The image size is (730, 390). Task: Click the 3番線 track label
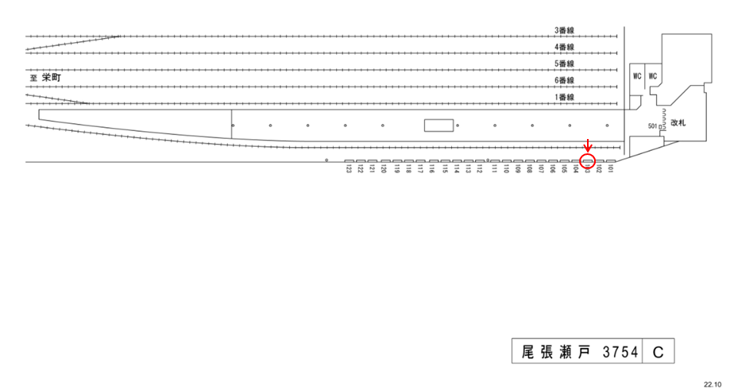tap(564, 30)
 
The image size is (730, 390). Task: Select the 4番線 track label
tap(564, 47)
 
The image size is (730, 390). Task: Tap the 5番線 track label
tap(564, 64)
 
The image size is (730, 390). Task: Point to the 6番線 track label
tap(564, 80)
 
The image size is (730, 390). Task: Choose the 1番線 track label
tap(564, 97)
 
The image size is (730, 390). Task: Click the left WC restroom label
tap(637, 76)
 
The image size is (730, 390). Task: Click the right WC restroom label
tap(654, 76)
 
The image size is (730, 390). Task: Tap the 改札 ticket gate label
tap(678, 122)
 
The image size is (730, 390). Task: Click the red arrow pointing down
tap(588, 146)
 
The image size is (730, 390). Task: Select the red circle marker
tap(588, 162)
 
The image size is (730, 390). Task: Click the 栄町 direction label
tap(52, 79)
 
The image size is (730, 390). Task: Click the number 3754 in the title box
tap(621, 351)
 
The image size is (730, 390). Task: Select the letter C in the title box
tap(659, 351)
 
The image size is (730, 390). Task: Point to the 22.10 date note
tap(713, 382)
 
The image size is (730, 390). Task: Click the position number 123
tap(349, 169)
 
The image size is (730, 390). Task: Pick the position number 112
tap(479, 169)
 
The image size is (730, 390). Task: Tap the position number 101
tap(611, 169)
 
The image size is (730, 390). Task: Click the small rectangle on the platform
tap(438, 125)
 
